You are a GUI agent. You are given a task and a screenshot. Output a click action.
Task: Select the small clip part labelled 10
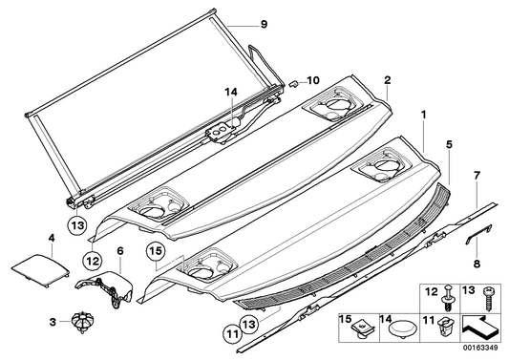(x=296, y=84)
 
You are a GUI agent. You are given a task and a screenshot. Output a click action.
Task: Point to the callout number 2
(x=388, y=81)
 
